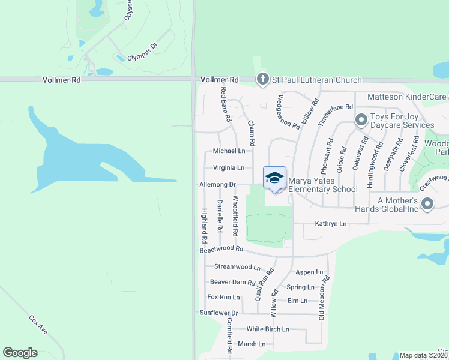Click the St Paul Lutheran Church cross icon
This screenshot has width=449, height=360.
(262, 79)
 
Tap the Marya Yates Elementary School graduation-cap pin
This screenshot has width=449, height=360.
(274, 178)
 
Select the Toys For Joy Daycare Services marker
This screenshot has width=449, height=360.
(361, 121)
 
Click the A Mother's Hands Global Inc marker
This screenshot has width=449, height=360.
(427, 205)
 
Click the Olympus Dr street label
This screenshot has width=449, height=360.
(142, 46)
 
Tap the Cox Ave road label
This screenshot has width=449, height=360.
(38, 326)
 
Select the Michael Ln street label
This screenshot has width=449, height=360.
(229, 151)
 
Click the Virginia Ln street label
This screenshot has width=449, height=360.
(229, 168)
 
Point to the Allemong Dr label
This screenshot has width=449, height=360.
(217, 185)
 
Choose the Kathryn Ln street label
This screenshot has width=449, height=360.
(331, 224)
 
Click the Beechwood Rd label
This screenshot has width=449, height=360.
(221, 248)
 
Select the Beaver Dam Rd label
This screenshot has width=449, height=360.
(232, 282)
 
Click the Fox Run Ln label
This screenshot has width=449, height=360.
(223, 297)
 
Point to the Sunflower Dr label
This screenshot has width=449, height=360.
(218, 313)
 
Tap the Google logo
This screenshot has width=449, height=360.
(20, 353)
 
